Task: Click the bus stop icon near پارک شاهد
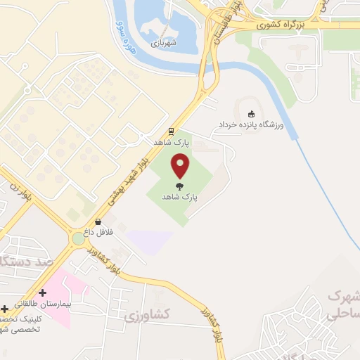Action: point(171,131)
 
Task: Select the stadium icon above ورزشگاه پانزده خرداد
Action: point(252,113)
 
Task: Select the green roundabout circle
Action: point(78,239)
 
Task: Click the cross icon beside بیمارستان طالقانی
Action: point(42,292)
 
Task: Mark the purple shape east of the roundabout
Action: point(149,241)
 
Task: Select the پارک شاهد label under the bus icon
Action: point(173,142)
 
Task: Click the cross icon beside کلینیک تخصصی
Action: point(5,308)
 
